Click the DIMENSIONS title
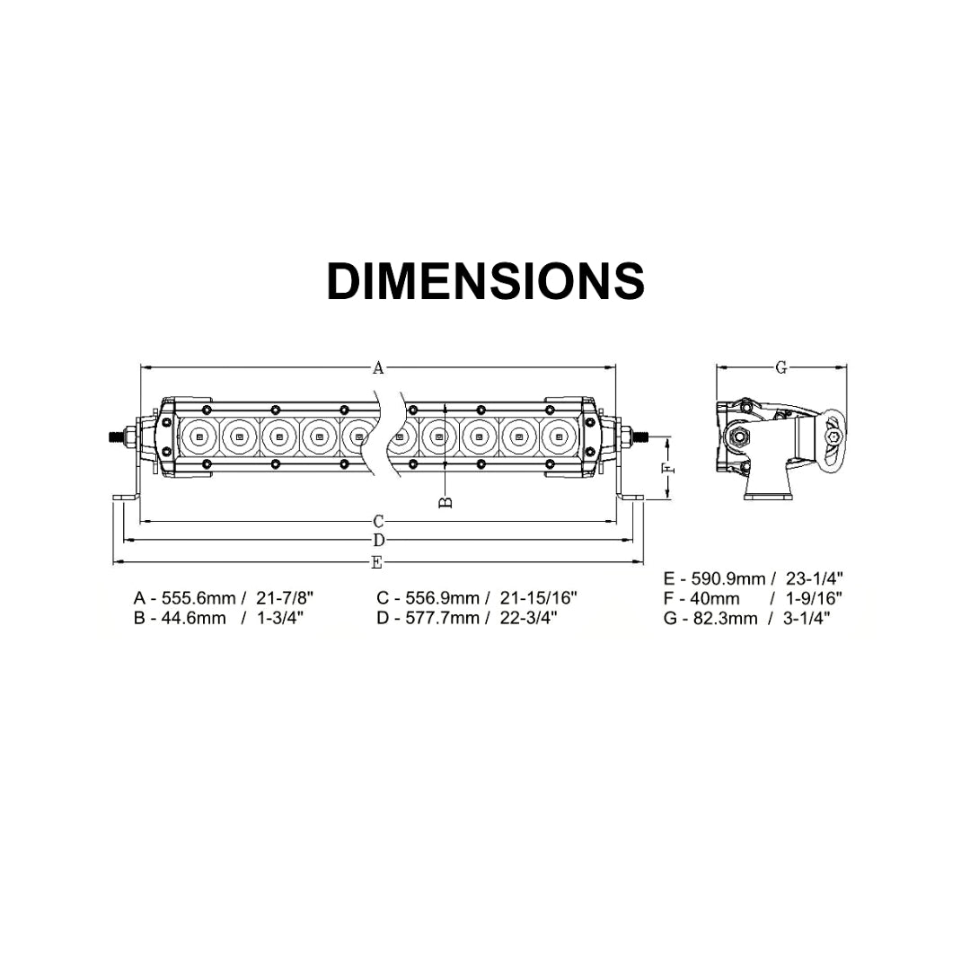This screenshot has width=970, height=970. point(486,281)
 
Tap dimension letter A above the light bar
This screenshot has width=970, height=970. point(378,368)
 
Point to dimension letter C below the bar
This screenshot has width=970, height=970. point(379,522)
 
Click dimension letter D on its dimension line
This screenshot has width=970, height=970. point(379,541)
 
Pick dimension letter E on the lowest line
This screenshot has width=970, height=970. point(376,562)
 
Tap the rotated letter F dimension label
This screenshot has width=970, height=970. point(668,468)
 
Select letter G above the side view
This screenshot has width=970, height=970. point(781,368)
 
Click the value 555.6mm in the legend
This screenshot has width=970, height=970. point(198,598)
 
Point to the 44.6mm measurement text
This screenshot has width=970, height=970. point(194,618)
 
